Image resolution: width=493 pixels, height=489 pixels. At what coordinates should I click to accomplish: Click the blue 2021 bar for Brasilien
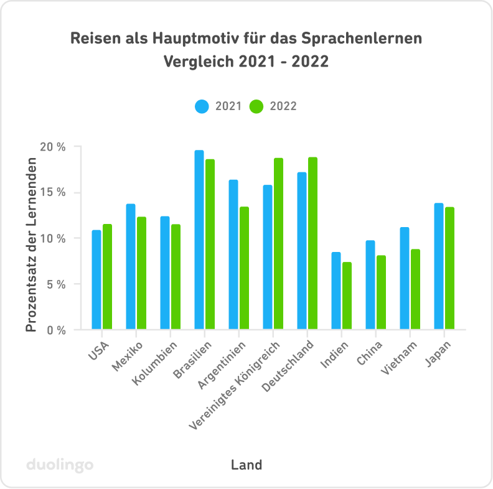point(199,240)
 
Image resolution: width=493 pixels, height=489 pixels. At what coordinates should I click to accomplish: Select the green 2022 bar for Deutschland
point(312,243)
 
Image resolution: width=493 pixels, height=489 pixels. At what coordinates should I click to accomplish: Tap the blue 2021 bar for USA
point(96,280)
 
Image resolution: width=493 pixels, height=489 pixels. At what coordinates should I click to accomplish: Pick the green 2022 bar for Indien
point(347,296)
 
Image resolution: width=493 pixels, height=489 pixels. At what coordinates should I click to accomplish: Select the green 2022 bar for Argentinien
point(244,268)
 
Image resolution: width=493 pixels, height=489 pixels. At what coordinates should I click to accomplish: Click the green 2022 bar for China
point(381,292)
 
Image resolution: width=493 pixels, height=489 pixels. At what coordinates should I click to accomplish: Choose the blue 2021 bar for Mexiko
point(131,267)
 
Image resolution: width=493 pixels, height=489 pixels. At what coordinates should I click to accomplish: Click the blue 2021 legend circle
point(202,106)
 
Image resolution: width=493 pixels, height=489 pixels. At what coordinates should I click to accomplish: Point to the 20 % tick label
point(52,147)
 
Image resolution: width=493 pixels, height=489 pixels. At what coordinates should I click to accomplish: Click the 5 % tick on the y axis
point(55,284)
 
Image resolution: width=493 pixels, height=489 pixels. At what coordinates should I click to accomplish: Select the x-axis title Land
point(247,465)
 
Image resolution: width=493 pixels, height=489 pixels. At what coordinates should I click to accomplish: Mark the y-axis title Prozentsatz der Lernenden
point(31,244)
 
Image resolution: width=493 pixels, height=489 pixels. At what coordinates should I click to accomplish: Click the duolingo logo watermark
point(60,465)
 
